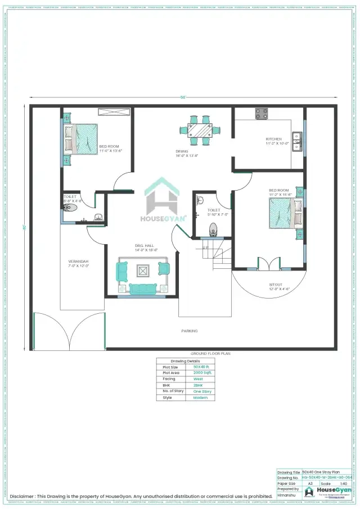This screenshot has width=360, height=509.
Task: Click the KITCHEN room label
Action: click(274, 139)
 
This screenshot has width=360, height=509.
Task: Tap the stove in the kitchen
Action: click(262, 114)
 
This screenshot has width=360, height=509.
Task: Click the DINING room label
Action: click(182, 151)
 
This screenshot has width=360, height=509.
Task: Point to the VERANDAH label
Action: click(78, 262)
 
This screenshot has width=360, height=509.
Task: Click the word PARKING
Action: click(189, 331)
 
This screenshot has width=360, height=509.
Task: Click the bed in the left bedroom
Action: click(82, 139)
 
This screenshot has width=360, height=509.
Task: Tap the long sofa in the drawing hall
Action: click(144, 289)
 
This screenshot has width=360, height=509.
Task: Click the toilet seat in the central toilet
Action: click(213, 229)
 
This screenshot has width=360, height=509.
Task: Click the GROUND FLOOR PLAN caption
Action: click(210, 353)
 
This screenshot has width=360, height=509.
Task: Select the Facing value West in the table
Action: click(198, 379)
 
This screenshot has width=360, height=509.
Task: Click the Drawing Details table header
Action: click(185, 361)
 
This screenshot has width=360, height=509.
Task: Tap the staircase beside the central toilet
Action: click(217, 255)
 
